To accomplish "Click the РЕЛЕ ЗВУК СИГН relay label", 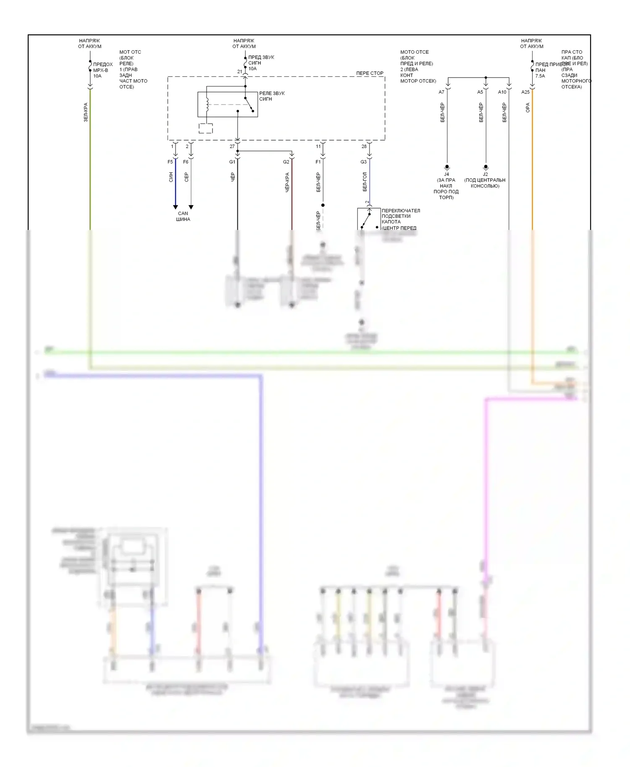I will tap(272, 96).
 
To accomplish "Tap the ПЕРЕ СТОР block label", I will tap(370, 73).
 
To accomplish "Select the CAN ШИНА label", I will tap(183, 216).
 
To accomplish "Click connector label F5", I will tap(170, 162).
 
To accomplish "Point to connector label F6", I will tap(186, 162).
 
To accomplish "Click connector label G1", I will tap(232, 162).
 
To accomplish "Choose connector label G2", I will tap(286, 162).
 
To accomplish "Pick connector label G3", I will tap(363, 162).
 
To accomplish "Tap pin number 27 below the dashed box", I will tap(232, 146).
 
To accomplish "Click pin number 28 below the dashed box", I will tap(364, 146).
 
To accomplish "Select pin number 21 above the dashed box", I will tap(239, 72).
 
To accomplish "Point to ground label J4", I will tap(446, 174).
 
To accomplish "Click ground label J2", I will tap(486, 174).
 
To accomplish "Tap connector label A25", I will tap(525, 92).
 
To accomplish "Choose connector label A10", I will tap(502, 92).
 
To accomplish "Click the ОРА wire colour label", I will tap(528, 107).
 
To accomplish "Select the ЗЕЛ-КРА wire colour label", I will tap(86, 112).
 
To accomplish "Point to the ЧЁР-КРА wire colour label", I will tap(287, 183).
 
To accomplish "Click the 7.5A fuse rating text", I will tap(540, 76).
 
